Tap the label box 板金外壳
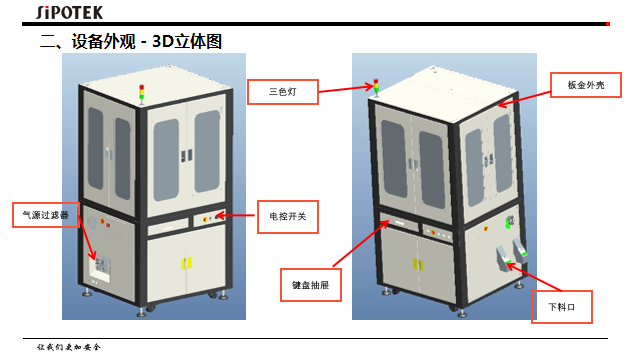coord(586,84)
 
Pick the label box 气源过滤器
coord(45,214)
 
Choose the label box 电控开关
coord(287,216)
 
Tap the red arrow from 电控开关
coord(236,215)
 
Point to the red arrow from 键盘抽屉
coord(365,245)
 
